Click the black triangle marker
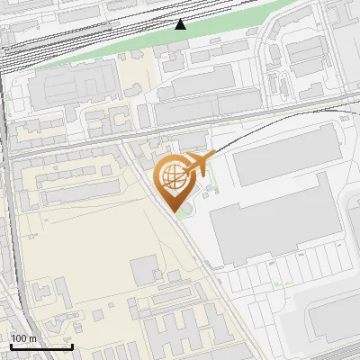[x=181, y=24]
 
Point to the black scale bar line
[x=41, y=346]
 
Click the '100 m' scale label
[x=24, y=338]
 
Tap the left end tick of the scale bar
[x=11, y=345]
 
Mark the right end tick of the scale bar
[x=72, y=345]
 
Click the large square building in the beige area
[x=145, y=270]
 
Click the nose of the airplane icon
[x=214, y=159]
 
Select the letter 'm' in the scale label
[x=33, y=338]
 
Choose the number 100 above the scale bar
[x=20, y=338]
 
